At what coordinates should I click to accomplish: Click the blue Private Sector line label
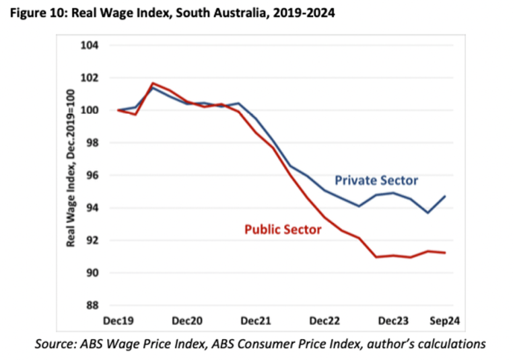click(x=376, y=180)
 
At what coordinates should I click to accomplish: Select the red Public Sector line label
click(x=282, y=229)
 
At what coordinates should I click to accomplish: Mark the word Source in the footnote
click(x=56, y=343)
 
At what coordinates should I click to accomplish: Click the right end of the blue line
click(x=445, y=196)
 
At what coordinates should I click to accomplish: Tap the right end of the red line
click(x=445, y=253)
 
